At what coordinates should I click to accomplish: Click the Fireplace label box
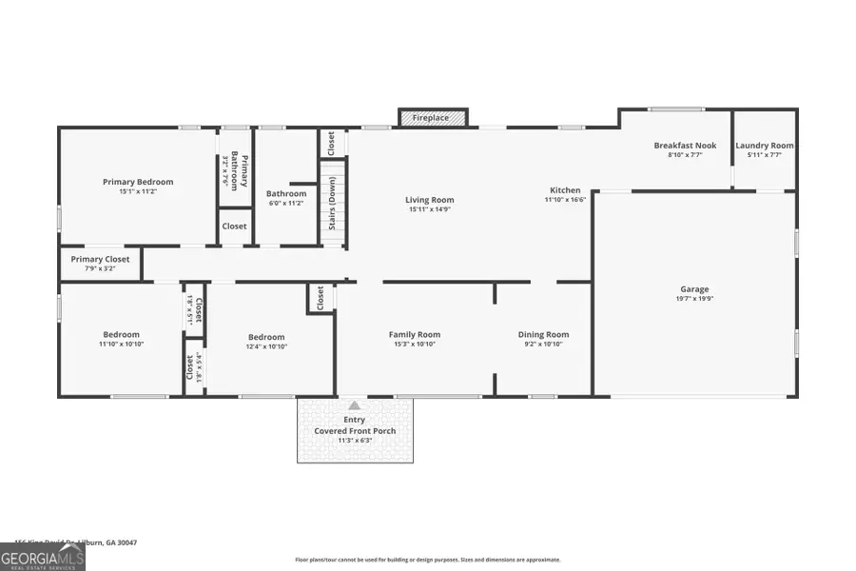[431, 118]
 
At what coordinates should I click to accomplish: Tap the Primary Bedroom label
[138, 182]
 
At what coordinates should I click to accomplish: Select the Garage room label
[694, 289]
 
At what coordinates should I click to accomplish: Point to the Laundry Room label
[764, 146]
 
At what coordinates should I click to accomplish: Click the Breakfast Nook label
[678, 146]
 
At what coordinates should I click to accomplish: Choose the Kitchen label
[565, 190]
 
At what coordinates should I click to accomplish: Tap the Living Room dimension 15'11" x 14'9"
[430, 210]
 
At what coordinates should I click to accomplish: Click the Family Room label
[414, 334]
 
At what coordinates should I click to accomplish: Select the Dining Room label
[543, 334]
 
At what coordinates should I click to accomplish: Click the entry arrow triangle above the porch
[355, 405]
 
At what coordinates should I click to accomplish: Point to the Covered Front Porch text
[355, 431]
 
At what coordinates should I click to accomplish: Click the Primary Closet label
[100, 259]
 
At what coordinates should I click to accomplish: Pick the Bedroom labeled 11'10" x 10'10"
[121, 334]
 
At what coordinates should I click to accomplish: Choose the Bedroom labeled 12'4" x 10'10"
[266, 337]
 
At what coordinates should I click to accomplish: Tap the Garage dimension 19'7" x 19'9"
[694, 298]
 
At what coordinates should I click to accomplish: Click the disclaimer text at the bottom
[428, 560]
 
